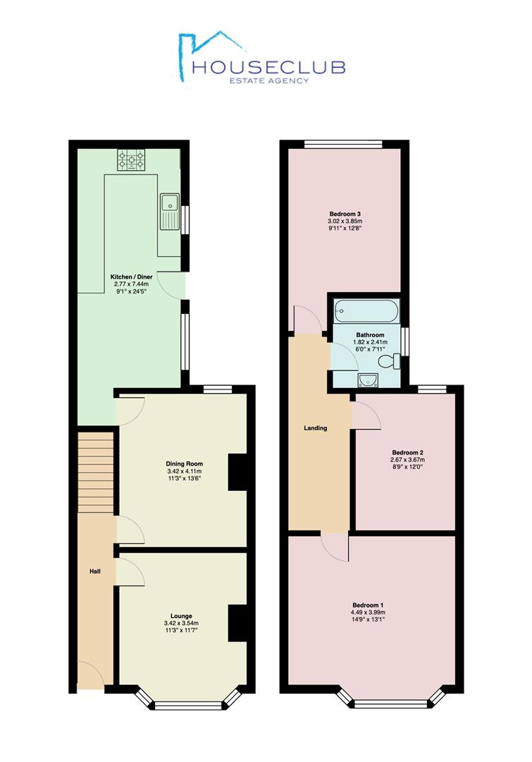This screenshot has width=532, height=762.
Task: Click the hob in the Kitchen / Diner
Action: pos(131,160)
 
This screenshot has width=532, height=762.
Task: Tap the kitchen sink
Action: pos(169,212)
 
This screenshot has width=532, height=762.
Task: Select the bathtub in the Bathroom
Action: pos(366,311)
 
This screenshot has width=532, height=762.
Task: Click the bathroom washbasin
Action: pos(368,380)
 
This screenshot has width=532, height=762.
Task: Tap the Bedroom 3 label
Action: pos(345,214)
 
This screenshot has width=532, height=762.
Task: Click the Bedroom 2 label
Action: pos(408,452)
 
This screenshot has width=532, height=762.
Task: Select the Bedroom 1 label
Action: pos(369,605)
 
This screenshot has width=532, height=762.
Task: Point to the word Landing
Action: pos(316,428)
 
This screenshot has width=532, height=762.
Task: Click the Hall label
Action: pos(95,571)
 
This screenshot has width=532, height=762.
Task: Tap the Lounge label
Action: pos(181,616)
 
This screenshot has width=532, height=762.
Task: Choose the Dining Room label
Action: pos(185,464)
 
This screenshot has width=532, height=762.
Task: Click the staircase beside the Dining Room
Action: pos(95,472)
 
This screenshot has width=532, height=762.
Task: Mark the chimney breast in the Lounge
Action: pos(238,623)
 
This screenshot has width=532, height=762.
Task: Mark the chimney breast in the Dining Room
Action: pos(238,472)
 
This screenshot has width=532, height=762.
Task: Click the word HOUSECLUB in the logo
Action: pos(268,67)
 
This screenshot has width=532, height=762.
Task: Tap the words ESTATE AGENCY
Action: pos(269,80)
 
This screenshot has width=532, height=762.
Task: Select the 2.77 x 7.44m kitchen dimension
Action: pos(131,284)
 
